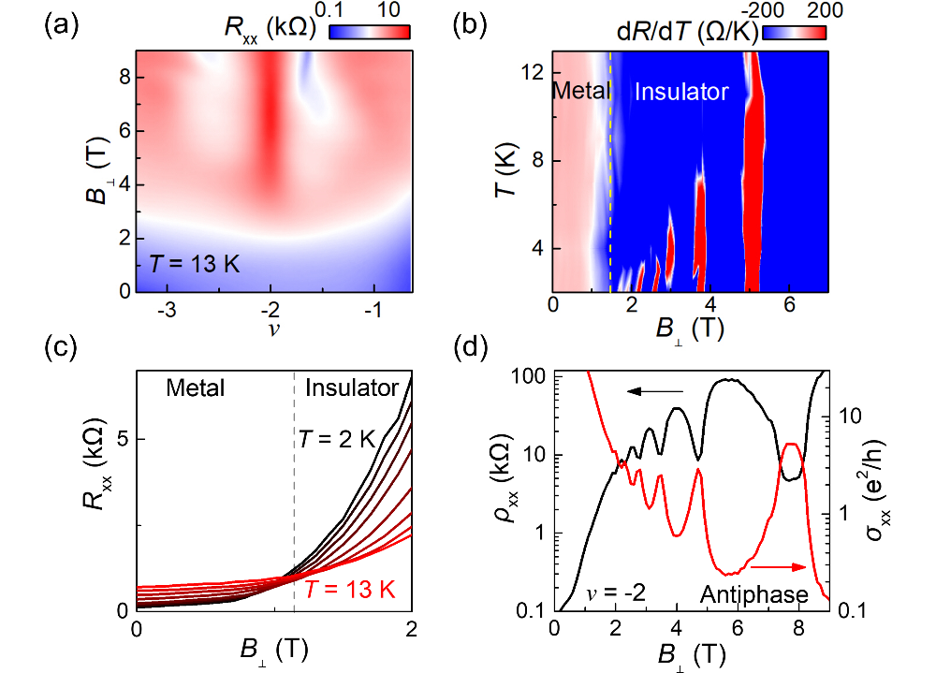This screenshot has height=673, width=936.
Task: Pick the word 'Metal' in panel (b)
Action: coord(580,92)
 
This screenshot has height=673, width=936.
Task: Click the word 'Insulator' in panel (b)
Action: coord(681,92)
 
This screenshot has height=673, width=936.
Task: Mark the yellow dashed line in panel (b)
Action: coord(610,187)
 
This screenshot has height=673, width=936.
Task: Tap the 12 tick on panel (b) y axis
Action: coord(536,73)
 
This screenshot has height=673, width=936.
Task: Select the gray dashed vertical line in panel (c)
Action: coord(294,487)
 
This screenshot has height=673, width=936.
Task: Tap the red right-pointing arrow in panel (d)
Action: coord(778,567)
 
